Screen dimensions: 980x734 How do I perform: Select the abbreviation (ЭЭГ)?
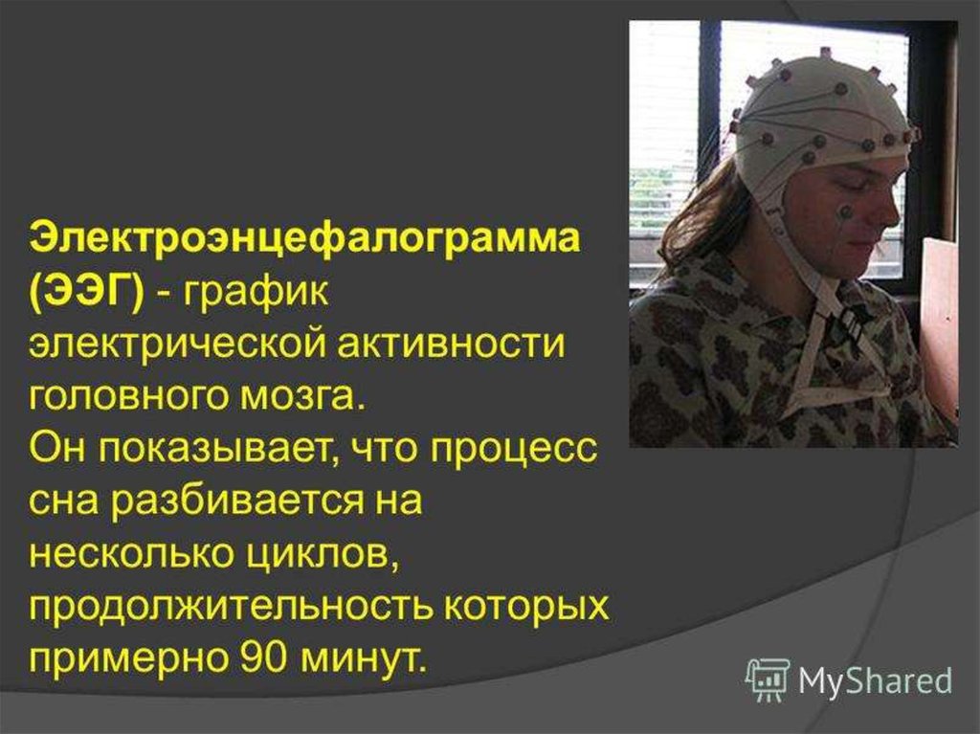click(x=87, y=292)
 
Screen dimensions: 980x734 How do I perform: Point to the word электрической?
click(x=178, y=345)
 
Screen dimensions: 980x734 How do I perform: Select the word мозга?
click(x=294, y=399)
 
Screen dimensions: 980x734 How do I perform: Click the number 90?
click(x=265, y=657)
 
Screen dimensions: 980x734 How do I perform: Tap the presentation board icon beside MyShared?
click(x=768, y=679)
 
